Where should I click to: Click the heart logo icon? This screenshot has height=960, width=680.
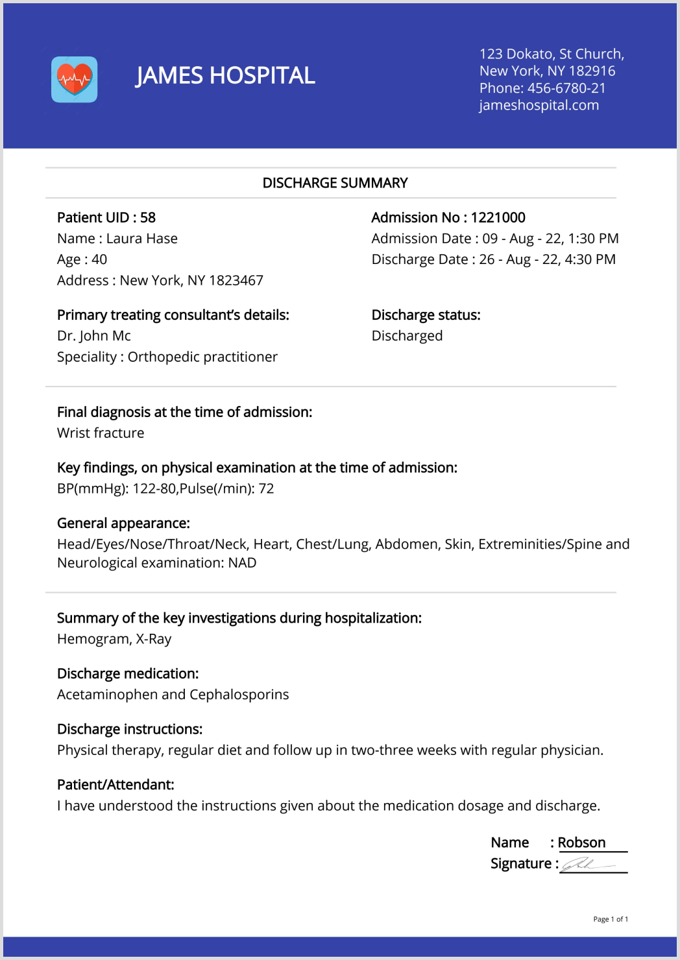point(75,79)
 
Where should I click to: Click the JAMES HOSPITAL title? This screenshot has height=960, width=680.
point(225,76)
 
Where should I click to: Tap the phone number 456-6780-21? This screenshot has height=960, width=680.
point(566,88)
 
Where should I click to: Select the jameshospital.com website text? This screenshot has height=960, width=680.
point(539,105)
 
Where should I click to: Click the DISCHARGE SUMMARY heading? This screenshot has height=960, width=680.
point(335,183)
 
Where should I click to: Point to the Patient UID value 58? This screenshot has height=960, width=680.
point(148,217)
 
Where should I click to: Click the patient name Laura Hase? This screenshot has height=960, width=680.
point(142,239)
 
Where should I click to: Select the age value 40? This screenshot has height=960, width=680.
point(99,259)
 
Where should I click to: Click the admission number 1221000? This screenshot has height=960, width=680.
point(498,217)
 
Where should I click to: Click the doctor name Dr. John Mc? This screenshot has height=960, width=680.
point(94,336)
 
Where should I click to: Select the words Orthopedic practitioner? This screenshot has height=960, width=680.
point(202,357)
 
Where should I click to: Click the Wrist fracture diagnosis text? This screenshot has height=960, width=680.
point(101,433)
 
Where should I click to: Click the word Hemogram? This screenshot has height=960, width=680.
point(92,639)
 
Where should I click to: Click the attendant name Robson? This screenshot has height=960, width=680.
point(581,843)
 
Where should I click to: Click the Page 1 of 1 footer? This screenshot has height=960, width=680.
point(611,919)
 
